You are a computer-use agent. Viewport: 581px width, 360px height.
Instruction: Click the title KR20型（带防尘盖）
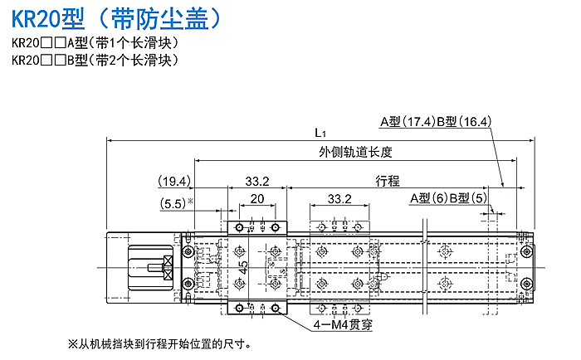click(116, 18)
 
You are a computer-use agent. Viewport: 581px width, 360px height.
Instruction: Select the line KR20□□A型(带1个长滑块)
click(95, 43)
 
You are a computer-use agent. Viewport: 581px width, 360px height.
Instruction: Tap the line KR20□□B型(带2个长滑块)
click(95, 60)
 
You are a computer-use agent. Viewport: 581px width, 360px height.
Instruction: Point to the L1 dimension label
click(320, 133)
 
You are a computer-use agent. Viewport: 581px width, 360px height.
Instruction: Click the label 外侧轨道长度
click(355, 152)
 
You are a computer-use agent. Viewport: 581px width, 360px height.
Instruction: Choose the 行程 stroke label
click(388, 181)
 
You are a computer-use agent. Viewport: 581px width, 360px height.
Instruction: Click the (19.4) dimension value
click(174, 182)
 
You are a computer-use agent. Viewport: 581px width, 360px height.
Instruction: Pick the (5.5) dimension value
click(173, 204)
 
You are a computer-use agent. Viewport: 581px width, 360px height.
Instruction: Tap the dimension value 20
click(257, 199)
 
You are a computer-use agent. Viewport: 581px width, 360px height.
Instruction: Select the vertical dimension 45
click(243, 267)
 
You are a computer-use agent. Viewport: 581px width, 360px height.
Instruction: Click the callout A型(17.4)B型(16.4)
click(436, 121)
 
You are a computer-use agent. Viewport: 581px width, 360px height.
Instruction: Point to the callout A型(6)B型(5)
click(448, 198)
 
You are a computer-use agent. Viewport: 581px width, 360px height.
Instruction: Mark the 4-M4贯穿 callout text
click(343, 325)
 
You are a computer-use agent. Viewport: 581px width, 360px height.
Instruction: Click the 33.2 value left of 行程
click(257, 182)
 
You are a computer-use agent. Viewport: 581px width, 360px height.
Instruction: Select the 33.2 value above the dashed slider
click(339, 199)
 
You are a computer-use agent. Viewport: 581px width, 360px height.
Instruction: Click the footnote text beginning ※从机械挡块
click(160, 344)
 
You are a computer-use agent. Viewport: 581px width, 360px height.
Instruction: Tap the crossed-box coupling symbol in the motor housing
click(168, 267)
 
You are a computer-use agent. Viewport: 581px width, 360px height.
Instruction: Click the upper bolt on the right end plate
click(526, 252)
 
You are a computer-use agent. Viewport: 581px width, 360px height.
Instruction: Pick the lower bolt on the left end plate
click(188, 284)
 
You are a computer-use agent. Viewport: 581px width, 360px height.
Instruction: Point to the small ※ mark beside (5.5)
click(190, 201)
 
